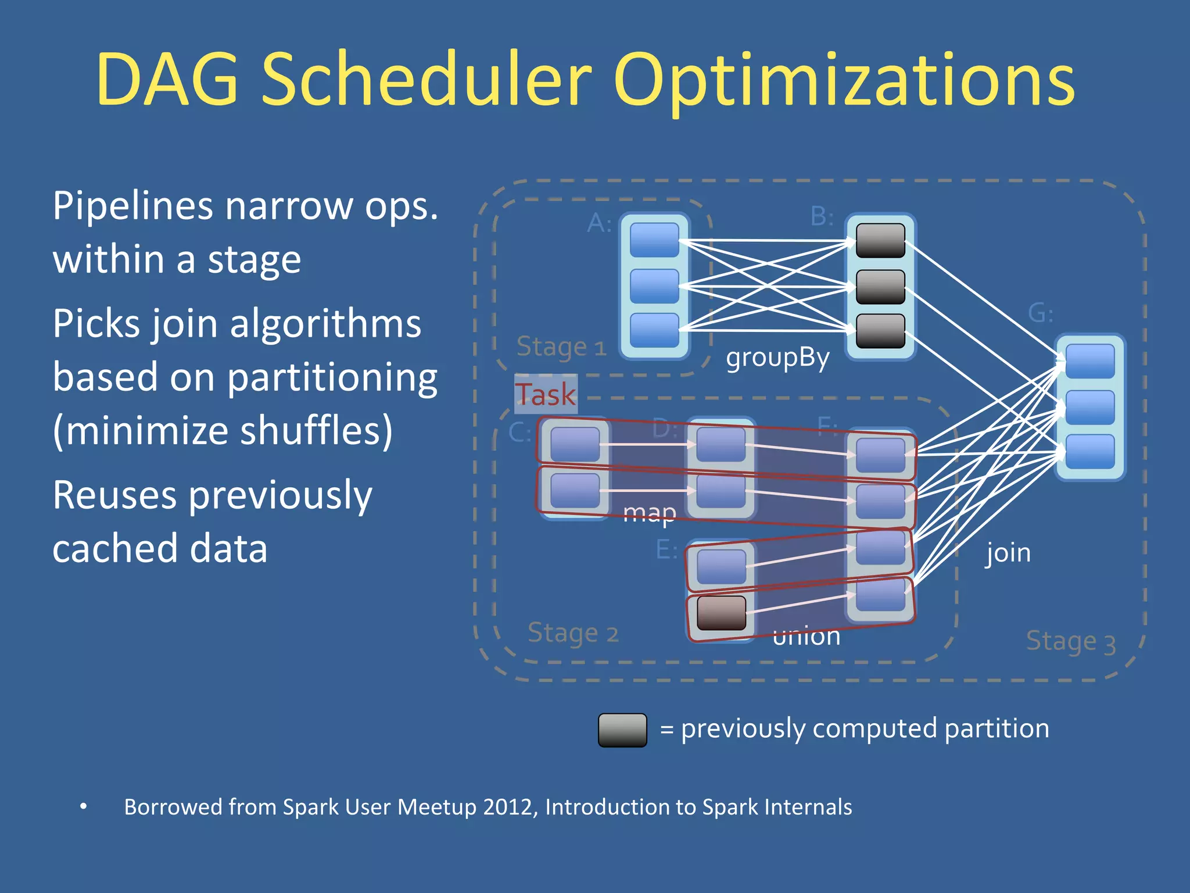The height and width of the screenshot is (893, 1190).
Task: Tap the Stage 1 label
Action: coord(561,347)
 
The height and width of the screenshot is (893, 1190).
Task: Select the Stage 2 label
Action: coord(572,633)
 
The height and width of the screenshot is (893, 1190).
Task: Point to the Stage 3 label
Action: coord(1070,642)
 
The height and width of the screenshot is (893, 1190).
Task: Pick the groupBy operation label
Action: coord(777,358)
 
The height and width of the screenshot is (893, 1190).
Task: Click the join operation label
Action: coord(1008,553)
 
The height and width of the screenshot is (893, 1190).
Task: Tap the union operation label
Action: coord(806,637)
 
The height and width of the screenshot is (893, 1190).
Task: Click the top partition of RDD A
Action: coord(654,240)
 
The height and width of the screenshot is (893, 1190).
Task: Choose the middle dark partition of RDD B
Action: coord(880,287)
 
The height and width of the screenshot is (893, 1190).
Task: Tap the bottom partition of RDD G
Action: coord(1089,451)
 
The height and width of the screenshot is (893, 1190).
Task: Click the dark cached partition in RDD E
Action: coord(721,613)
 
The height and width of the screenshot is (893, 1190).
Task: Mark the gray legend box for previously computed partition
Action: coord(622,730)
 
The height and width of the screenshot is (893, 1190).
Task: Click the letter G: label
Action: coord(1040,313)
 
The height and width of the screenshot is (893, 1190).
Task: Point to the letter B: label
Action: coord(822,217)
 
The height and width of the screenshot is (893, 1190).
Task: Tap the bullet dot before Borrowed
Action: coord(84,806)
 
